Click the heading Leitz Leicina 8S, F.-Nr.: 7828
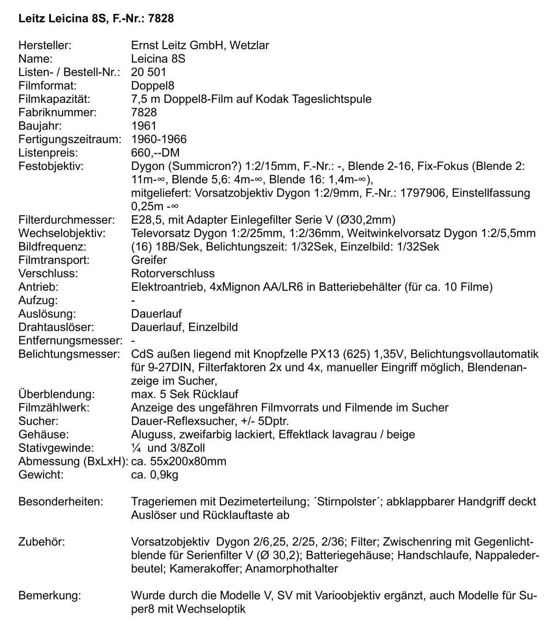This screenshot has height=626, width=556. tap(96, 19)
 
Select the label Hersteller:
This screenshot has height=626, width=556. tap(44, 45)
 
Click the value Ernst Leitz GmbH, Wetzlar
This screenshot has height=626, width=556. tap(200, 45)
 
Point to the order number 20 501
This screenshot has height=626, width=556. tap(148, 72)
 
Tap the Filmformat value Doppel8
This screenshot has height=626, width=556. tap(152, 86)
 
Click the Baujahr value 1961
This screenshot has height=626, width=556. tap(144, 125)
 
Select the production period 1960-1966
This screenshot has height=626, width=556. tap(159, 139)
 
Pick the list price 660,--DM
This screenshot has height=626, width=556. tap(155, 152)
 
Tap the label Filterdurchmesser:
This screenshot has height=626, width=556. tap(66, 219)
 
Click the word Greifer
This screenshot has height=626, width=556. tap(149, 260)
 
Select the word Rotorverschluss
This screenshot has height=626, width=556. tap(173, 273)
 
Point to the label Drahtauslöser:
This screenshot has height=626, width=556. tap(57, 327)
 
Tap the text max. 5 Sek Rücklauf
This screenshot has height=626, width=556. tap(184, 394)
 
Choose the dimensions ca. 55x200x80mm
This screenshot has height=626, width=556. tap(179, 461)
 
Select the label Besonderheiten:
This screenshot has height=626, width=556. tap(61, 501)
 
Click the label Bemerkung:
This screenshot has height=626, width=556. tap(50, 595)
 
